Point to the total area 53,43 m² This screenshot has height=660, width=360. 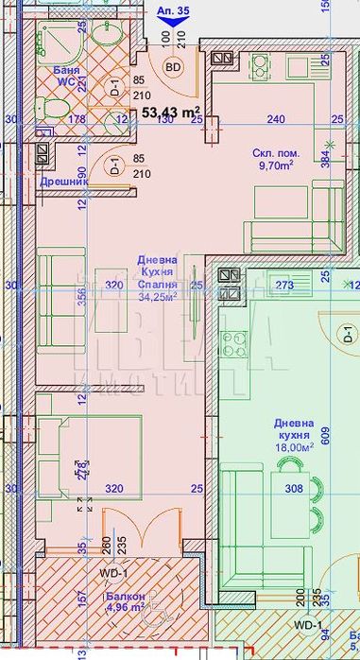coord(171,113)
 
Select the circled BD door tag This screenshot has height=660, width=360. coord(174,67)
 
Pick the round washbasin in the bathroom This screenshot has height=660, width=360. coord(103,36)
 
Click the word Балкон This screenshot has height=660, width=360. coord(126,597)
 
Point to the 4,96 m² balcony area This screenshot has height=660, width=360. coord(125,608)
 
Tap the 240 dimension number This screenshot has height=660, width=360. coord(275,119)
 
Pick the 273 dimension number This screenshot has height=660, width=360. coord(284,284)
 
